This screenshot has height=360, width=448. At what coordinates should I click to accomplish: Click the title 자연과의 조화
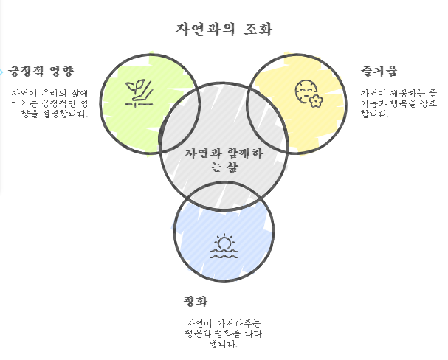[224, 30]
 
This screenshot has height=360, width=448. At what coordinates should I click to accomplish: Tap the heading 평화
[196, 301]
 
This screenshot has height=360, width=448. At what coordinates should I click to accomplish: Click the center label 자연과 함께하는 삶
[224, 160]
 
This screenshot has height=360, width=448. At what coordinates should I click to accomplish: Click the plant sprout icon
[138, 94]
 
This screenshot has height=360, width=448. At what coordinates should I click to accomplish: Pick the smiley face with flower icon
[309, 94]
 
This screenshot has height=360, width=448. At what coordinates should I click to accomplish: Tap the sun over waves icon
[224, 247]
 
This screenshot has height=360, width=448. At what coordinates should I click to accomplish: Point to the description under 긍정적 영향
[49, 103]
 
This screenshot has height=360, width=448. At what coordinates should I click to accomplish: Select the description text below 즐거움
[399, 103]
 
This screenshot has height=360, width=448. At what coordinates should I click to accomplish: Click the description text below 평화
[223, 333]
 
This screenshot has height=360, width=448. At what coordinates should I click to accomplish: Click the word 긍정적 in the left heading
[26, 72]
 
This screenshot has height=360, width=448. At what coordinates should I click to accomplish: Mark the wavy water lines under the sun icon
[224, 253]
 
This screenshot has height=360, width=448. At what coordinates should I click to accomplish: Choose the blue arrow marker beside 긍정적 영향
[2, 72]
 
